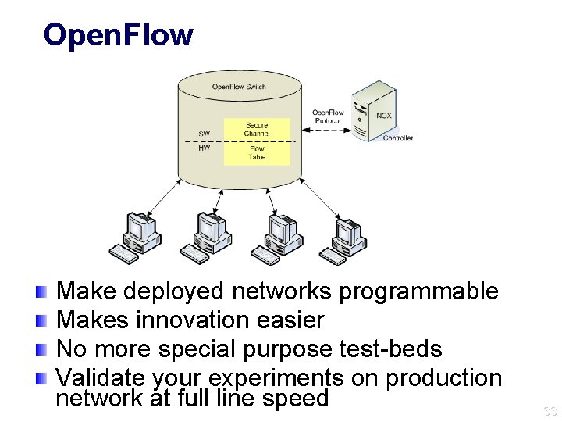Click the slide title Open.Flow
click(x=118, y=35)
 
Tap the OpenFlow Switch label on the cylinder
click(x=239, y=86)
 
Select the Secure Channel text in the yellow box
click(x=257, y=129)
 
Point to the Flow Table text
click(x=257, y=152)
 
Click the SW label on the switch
click(x=204, y=134)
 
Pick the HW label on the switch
click(x=204, y=147)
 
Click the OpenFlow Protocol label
click(x=328, y=116)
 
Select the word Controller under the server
click(x=397, y=138)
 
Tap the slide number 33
click(x=550, y=410)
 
